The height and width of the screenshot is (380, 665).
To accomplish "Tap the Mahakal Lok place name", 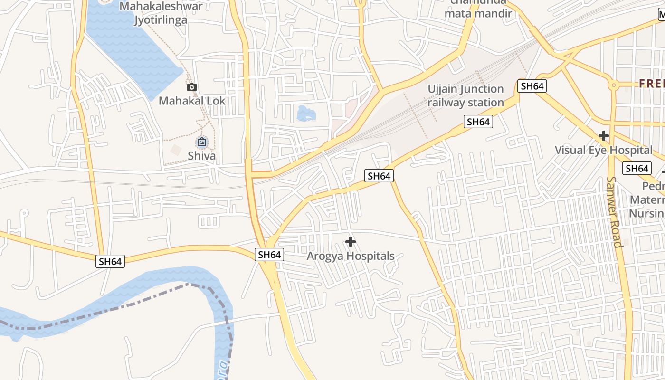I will click(192, 101).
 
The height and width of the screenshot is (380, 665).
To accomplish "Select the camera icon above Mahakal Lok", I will click(192, 87).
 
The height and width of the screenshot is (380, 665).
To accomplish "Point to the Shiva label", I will click(201, 156).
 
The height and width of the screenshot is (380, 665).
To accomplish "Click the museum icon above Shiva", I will click(202, 142).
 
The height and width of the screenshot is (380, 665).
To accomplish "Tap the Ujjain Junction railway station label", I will click(465, 95).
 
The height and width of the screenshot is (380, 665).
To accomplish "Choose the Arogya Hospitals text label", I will click(351, 256).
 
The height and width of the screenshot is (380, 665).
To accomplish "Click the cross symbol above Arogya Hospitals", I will click(351, 242).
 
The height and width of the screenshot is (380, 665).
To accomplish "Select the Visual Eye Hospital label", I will click(604, 150).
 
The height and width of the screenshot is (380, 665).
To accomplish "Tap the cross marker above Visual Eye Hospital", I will click(604, 136).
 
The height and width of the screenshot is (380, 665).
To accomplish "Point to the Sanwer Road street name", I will click(614, 212).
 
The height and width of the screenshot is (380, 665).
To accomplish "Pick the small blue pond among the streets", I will click(305, 114).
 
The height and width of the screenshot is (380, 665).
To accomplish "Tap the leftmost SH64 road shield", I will click(110, 261).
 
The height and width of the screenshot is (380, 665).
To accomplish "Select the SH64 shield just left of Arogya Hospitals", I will click(269, 255).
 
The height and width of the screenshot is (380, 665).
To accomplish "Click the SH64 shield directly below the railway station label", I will click(478, 122).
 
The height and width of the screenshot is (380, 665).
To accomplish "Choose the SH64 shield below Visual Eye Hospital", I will click(637, 168).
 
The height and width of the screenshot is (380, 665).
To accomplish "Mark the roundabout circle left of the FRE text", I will click(614, 85).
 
